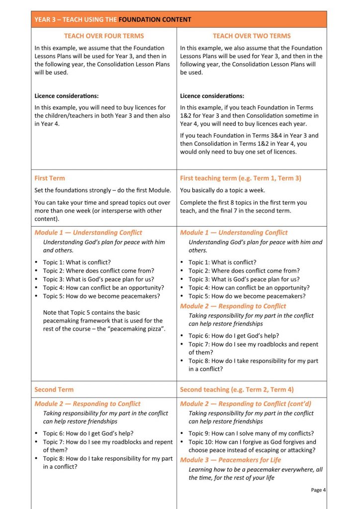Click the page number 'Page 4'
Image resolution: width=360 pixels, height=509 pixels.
point(318,490)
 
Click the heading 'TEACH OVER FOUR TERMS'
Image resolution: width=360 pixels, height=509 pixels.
point(104,36)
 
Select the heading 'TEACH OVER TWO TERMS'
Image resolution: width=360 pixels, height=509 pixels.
point(252,36)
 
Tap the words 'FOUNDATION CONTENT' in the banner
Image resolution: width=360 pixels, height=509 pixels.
point(155,20)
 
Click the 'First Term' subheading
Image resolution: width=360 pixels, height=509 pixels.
point(50,178)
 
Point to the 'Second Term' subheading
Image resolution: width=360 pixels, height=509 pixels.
point(54,390)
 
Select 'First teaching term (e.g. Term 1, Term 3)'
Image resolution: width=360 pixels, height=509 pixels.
point(241,178)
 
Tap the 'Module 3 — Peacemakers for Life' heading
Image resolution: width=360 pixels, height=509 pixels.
point(230,460)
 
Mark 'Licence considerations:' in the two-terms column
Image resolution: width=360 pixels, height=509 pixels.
point(212,96)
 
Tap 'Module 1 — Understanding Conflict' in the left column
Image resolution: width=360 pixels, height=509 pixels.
point(88,232)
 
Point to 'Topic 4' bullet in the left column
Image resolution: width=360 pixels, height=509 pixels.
point(103,288)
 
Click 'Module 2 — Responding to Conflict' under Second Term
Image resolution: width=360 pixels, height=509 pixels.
point(88,404)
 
